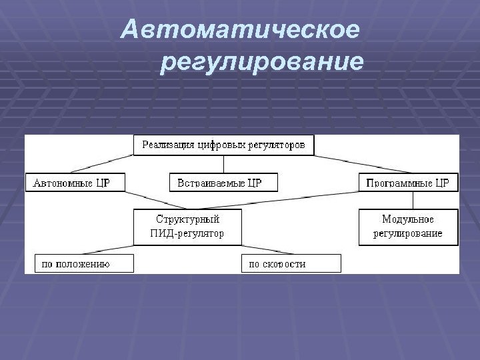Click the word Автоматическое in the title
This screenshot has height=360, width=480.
(241, 30)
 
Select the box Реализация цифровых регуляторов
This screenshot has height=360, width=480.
(223, 145)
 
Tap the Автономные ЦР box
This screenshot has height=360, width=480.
(75, 183)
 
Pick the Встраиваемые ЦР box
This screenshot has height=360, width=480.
(223, 183)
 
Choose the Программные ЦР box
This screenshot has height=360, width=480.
(408, 183)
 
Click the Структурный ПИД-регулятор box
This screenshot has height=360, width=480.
(187, 227)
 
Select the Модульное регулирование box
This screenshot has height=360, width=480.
(408, 227)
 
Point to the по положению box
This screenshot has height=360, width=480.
(79, 264)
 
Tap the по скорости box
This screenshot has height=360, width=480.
(291, 264)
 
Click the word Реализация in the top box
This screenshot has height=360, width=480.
(168, 145)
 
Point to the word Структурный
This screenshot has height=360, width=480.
(187, 219)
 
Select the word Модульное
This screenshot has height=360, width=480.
(408, 219)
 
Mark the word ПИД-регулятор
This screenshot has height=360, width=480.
(187, 234)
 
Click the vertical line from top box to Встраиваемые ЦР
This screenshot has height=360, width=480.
(223, 164)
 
